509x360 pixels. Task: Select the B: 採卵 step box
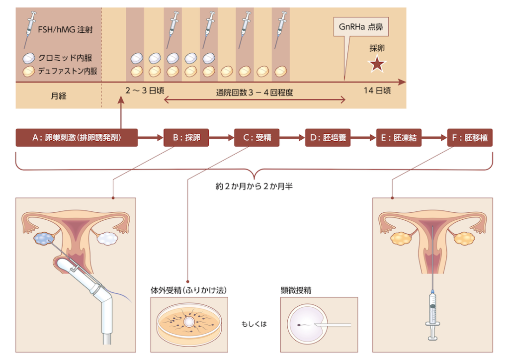[x=186, y=138]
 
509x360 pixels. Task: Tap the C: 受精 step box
[x=256, y=138]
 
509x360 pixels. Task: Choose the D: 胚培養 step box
[x=328, y=138]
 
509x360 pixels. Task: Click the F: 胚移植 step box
[x=470, y=138]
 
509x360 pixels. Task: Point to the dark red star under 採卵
[x=377, y=64]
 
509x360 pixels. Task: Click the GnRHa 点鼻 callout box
[x=361, y=27]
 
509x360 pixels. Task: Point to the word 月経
[x=58, y=95]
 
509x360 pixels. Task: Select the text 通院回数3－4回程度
[x=254, y=91]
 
